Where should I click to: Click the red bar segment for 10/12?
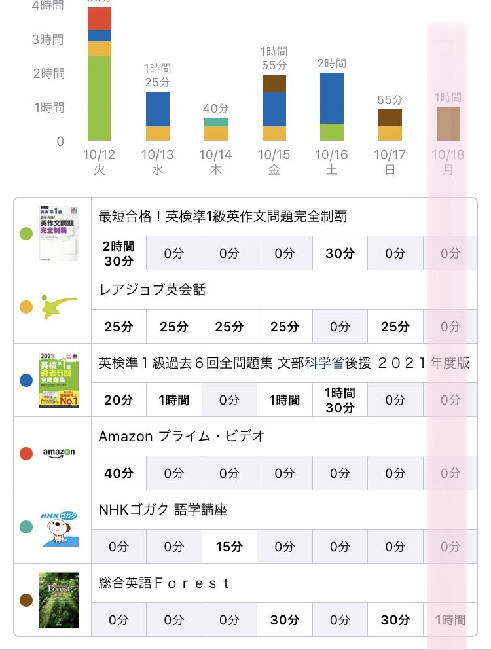tap(100, 19)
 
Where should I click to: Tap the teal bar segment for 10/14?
tap(215, 122)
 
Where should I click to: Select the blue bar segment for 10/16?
tap(332, 98)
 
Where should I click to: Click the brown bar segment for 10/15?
tap(274, 84)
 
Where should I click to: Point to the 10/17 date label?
tap(390, 161)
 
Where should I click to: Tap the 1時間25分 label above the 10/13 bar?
tap(157, 75)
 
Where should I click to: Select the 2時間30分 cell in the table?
tap(118, 253)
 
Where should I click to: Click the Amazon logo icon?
tap(59, 453)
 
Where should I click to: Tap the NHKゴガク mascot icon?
tap(59, 527)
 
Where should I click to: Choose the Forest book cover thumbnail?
tap(59, 600)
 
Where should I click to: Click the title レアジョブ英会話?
tap(152, 289)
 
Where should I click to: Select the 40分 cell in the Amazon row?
tap(118, 473)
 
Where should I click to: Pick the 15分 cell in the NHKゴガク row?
tap(229, 547)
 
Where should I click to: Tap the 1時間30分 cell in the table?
tap(340, 399)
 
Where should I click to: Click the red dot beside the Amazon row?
tap(27, 453)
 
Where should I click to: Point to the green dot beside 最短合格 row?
tap(27, 234)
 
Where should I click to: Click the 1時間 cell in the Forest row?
tap(450, 620)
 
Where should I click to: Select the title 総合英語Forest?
tap(164, 583)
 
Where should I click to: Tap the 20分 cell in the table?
tap(118, 399)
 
